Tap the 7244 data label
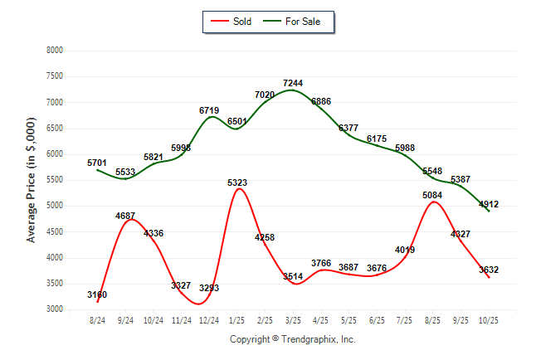(x=293, y=84)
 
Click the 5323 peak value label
(x=237, y=182)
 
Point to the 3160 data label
(x=97, y=294)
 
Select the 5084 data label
(x=433, y=196)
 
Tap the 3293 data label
(x=209, y=288)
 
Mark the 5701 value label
(x=97, y=163)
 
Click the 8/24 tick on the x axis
(x=98, y=319)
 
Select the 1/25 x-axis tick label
(x=237, y=319)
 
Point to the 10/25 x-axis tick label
(x=490, y=319)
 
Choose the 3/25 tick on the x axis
(x=293, y=319)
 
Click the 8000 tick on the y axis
(x=54, y=51)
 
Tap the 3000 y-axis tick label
(x=54, y=309)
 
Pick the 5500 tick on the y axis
(x=54, y=180)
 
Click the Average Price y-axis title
(x=32, y=179)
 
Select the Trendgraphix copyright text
(x=292, y=339)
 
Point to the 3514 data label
(x=293, y=276)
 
